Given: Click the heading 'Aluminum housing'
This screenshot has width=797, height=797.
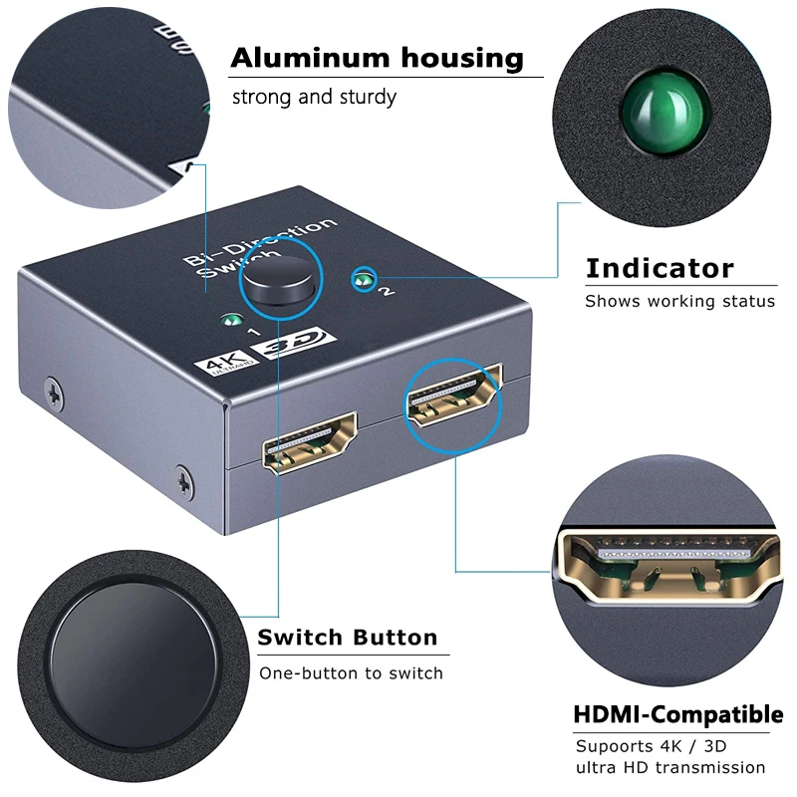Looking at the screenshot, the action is (x=377, y=58).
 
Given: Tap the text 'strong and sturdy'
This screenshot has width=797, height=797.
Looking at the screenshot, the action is (x=314, y=97).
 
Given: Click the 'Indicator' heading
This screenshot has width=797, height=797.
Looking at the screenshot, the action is (x=659, y=268).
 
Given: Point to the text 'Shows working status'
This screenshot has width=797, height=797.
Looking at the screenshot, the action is (x=679, y=301).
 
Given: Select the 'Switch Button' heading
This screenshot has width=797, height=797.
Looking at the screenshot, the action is (x=348, y=638).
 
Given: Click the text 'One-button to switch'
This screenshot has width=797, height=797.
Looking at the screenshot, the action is (x=351, y=673).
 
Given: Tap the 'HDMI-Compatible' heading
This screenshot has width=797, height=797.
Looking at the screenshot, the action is (x=677, y=714).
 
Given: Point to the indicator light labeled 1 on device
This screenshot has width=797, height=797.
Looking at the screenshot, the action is (x=231, y=321).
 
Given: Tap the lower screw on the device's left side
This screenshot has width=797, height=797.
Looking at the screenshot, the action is (x=182, y=479).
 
